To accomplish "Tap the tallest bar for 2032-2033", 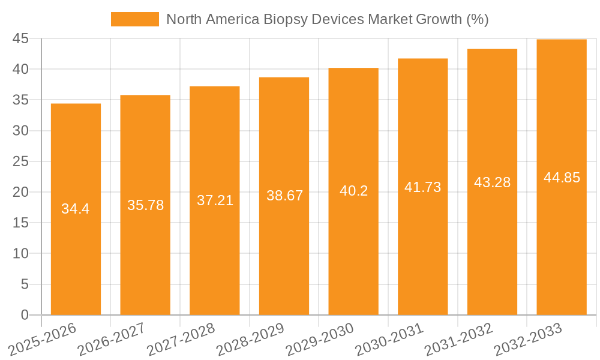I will point(562,240).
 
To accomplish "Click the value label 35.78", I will point(145,205).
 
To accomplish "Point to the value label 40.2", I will point(353,191).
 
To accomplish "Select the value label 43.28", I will point(492,182).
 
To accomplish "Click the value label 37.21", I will point(215,200).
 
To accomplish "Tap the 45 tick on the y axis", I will point(20,38).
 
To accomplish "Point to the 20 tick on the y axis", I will point(20,192).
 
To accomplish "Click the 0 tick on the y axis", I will point(25,315).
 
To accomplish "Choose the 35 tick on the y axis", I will point(20,100).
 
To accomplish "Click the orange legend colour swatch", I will point(135,19).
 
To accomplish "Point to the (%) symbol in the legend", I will point(477,19).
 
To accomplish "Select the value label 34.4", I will point(76,209).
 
